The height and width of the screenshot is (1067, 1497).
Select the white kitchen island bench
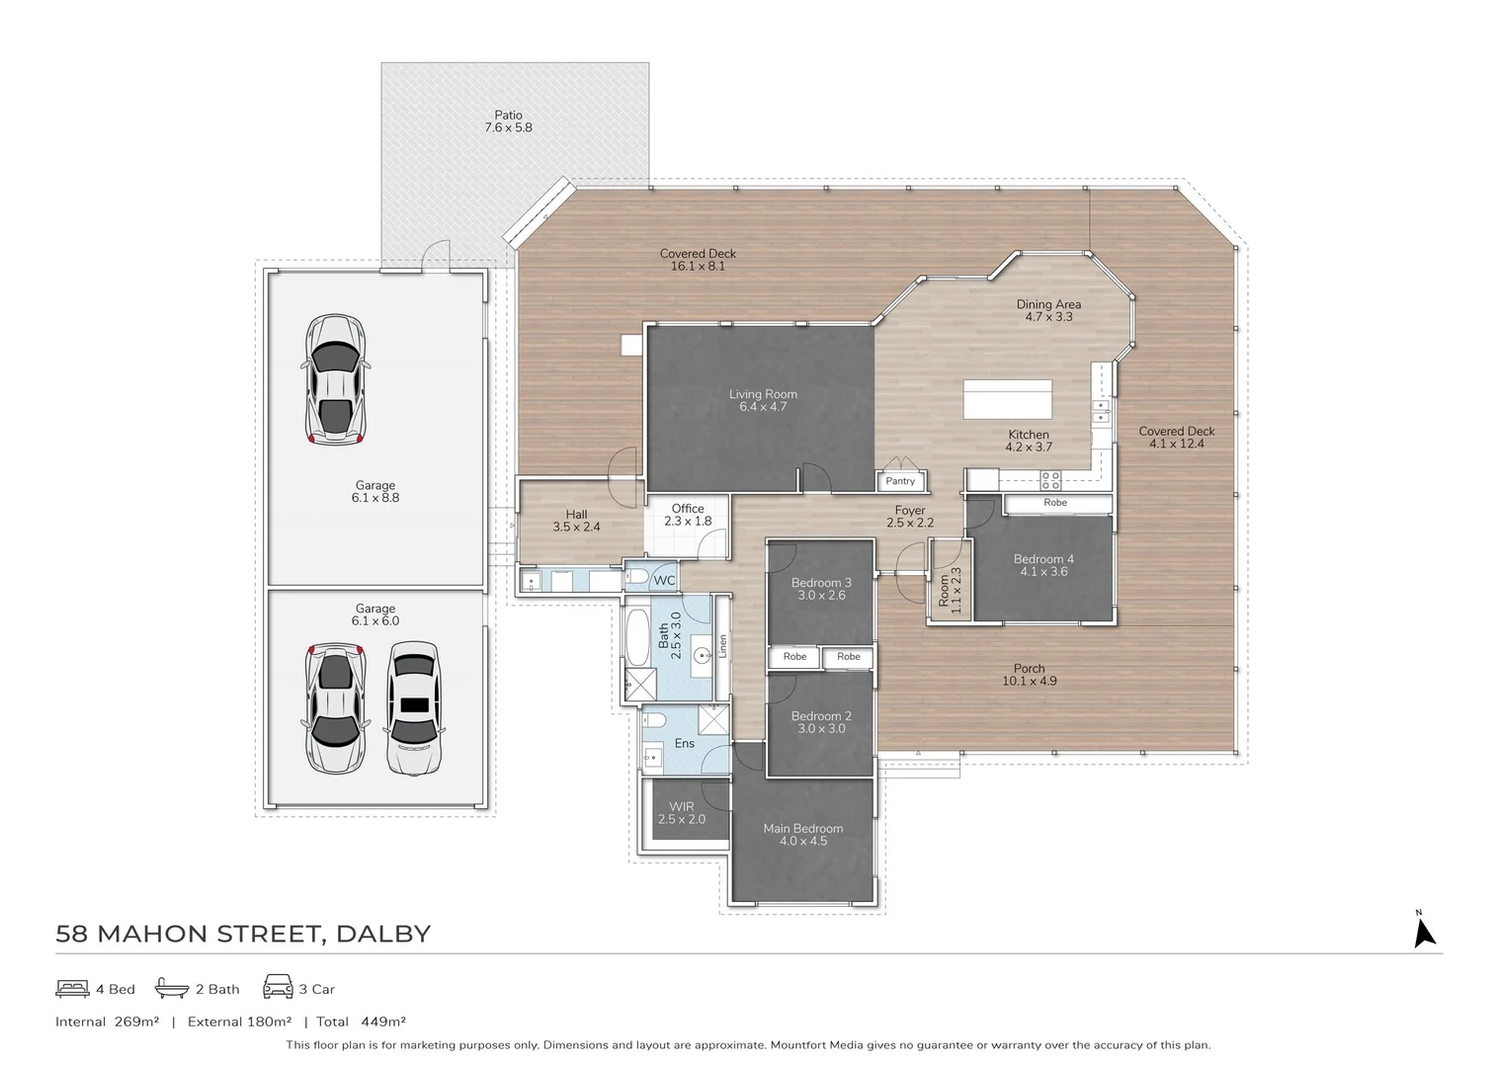[x=1008, y=399]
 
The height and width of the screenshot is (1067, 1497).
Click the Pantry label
[x=900, y=481]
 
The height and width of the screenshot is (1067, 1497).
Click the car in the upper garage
[x=335, y=379]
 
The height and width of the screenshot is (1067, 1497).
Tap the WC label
[x=664, y=580]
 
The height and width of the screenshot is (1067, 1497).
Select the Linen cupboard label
[x=723, y=646]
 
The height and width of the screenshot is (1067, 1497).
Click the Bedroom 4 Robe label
[x=1055, y=503]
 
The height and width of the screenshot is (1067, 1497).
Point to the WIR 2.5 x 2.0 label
[x=682, y=813]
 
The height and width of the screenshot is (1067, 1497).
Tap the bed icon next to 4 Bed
[x=72, y=988]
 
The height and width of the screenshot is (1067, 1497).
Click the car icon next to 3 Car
[x=278, y=987]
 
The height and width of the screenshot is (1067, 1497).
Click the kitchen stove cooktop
[x=1049, y=480]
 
